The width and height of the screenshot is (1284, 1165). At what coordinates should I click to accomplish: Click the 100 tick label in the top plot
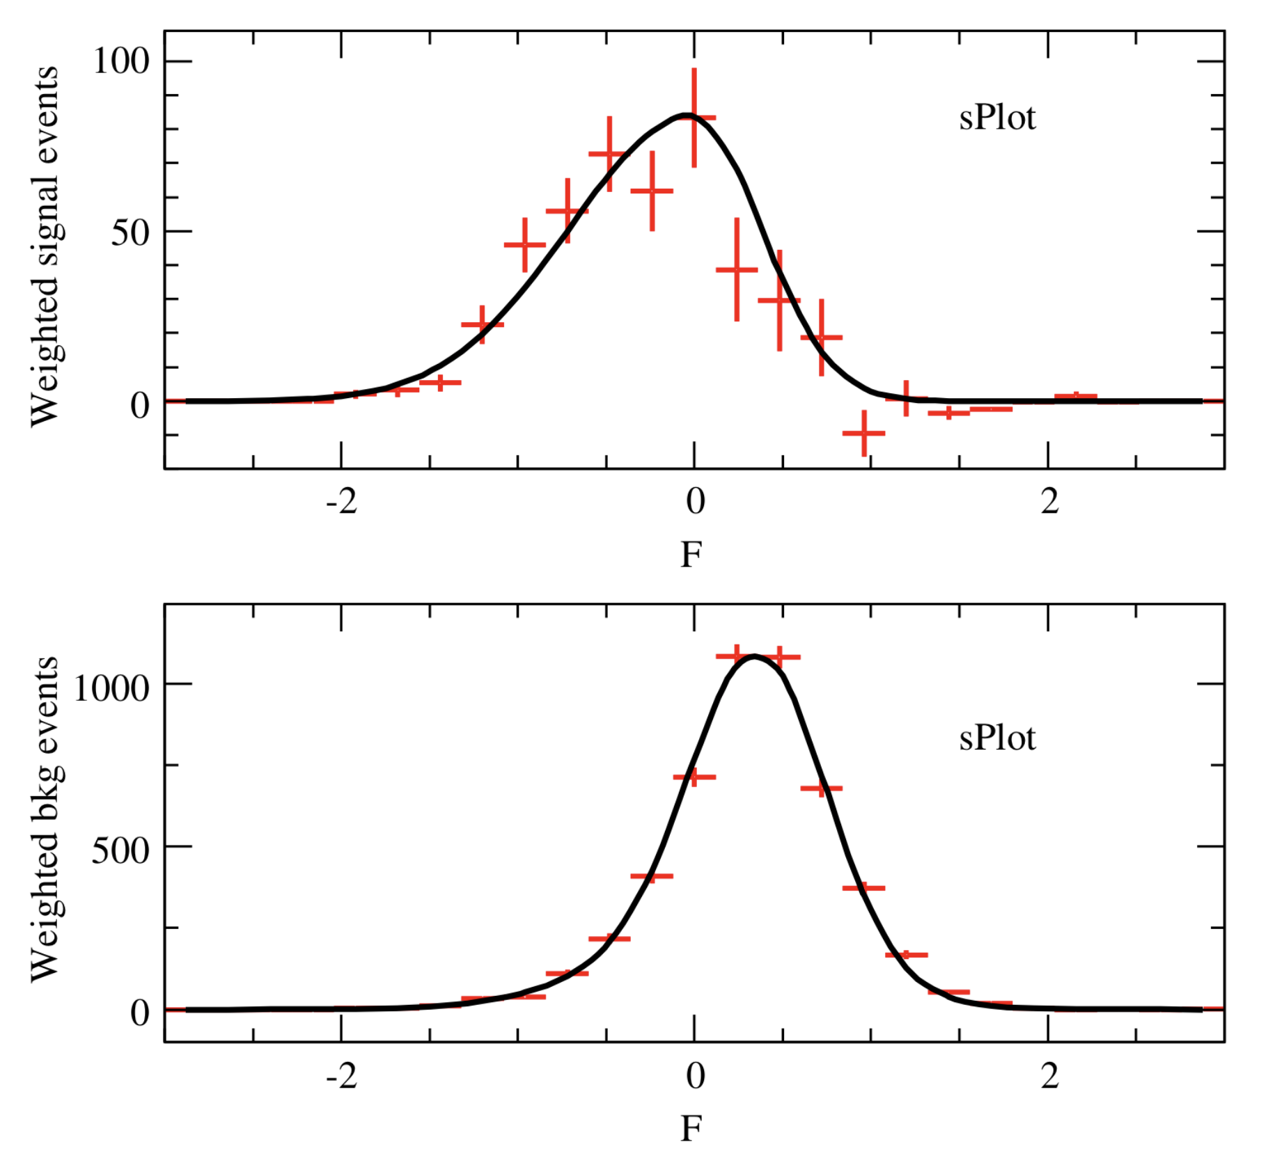(x=121, y=61)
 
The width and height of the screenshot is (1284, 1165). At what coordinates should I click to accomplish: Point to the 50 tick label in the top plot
(x=130, y=232)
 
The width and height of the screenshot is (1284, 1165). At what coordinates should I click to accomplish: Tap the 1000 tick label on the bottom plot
(x=111, y=688)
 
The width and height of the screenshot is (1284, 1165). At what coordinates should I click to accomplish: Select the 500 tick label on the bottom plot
(x=120, y=850)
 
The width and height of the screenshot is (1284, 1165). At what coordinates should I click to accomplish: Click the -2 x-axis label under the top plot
(x=341, y=501)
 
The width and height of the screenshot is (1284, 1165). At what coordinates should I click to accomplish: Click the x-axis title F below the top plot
(x=691, y=555)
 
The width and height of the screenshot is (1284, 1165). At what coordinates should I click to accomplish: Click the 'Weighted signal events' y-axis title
(x=45, y=247)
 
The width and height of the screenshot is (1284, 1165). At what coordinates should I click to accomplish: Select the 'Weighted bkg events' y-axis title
(x=45, y=818)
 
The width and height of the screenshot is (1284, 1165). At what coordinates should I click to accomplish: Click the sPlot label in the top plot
(x=997, y=118)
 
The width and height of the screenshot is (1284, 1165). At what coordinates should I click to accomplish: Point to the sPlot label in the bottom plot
(x=997, y=738)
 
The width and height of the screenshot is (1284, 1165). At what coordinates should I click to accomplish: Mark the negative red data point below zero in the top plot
(x=864, y=433)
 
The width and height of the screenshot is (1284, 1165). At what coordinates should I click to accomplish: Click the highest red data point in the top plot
(x=694, y=118)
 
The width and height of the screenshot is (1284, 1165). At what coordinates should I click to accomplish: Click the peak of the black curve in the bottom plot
(x=754, y=656)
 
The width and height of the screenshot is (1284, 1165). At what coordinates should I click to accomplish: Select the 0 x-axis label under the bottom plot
(x=695, y=1076)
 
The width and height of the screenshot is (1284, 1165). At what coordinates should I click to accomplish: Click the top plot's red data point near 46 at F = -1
(x=525, y=245)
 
